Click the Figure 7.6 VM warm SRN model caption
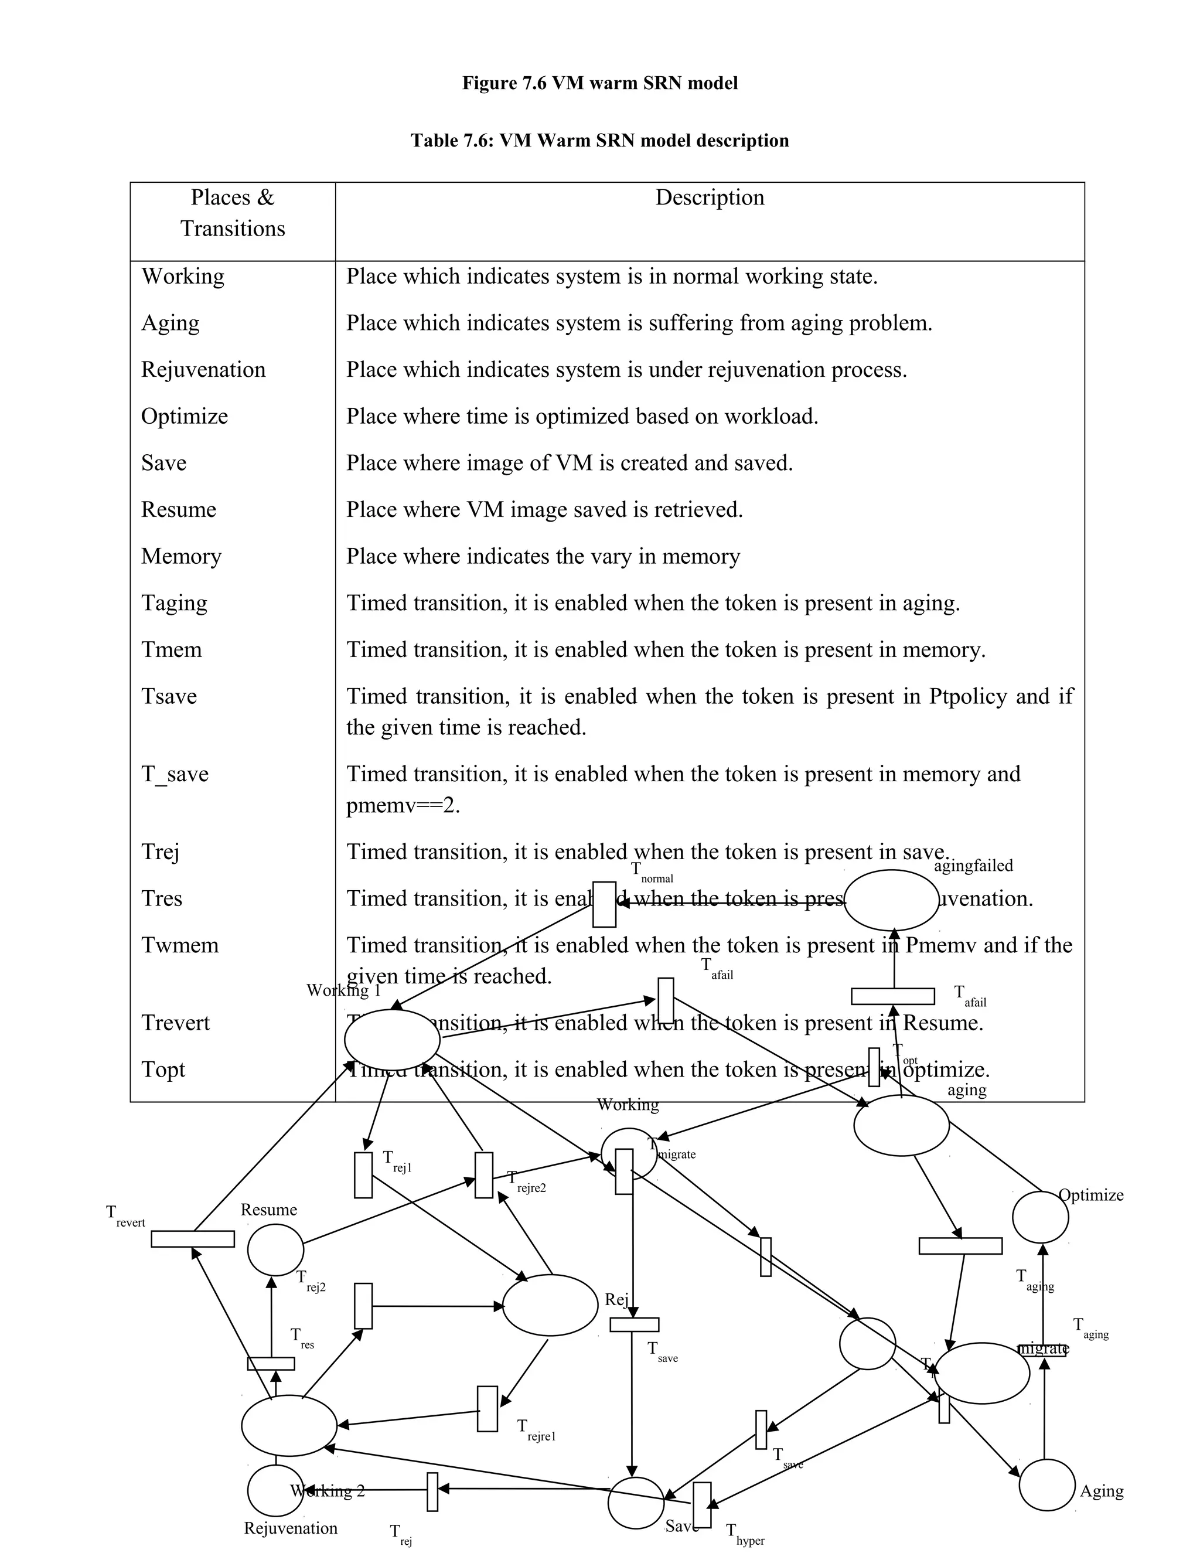point(599,83)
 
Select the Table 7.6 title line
point(599,140)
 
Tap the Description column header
point(709,197)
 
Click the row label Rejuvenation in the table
point(203,370)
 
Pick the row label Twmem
point(180,945)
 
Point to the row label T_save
point(175,774)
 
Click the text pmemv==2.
point(403,806)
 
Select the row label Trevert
point(176,1023)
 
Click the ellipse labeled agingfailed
point(891,900)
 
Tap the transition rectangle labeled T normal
point(604,904)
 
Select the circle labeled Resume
point(275,1249)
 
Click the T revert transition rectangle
point(193,1239)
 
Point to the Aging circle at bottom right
point(1046,1485)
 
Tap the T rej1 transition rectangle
point(363,1176)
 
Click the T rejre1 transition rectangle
point(487,1409)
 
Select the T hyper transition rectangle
point(701,1504)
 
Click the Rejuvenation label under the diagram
point(290,1528)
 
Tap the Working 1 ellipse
point(392,1040)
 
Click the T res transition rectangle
point(271,1363)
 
